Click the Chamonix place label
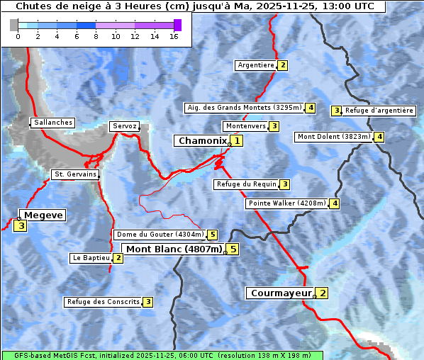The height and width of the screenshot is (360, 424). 202,141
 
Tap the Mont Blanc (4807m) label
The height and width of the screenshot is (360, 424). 174,249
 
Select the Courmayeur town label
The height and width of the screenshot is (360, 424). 281,293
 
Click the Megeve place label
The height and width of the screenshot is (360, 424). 43,215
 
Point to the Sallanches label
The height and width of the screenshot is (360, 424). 52,123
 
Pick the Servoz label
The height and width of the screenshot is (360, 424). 125,126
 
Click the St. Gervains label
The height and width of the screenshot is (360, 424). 74,174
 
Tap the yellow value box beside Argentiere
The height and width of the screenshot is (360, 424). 282,65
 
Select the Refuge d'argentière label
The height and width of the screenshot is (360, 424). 379,111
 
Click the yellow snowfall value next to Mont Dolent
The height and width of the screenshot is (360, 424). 379,137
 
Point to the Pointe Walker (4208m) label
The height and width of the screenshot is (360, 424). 287,203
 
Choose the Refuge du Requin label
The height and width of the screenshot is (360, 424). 246,184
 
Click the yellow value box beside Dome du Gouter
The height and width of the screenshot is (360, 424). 212,235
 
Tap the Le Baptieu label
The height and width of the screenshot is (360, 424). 91,258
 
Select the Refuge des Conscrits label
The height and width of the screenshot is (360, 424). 103,302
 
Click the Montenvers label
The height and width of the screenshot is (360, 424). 245,126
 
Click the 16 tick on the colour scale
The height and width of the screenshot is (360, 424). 174,37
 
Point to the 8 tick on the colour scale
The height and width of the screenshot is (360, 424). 96,37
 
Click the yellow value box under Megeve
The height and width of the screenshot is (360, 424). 21,226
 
